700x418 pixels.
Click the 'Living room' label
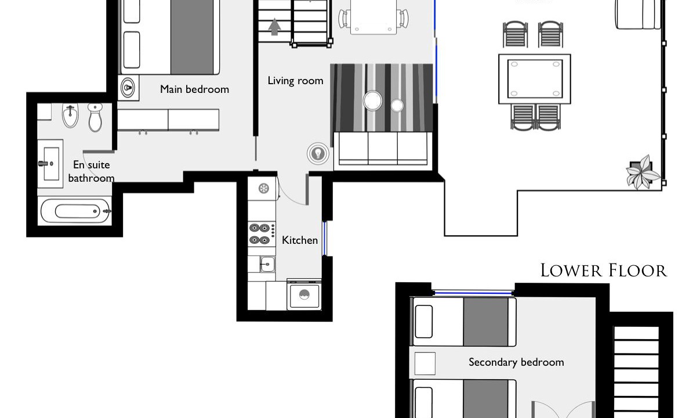pos(295,81)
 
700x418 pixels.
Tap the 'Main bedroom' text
pos(194,89)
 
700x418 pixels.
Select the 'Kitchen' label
pos(300,240)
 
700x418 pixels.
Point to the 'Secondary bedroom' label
pos(516,362)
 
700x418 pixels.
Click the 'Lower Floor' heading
pos(604,271)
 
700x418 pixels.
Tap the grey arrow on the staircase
pos(274,27)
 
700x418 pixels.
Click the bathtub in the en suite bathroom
pos(75,211)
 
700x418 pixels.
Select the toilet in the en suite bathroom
pos(95,117)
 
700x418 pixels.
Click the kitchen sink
pos(267,264)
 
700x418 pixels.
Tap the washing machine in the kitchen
pos(304,294)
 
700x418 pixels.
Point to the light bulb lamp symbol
pos(318,153)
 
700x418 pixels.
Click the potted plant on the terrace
pos(643,172)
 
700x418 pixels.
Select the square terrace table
pos(535,79)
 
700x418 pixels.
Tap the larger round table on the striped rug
pos(372,100)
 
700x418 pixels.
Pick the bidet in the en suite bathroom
pos(70,115)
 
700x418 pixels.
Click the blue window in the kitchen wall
pos(324,239)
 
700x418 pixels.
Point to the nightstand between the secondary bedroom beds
pos(425,363)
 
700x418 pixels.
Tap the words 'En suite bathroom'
pos(91,171)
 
